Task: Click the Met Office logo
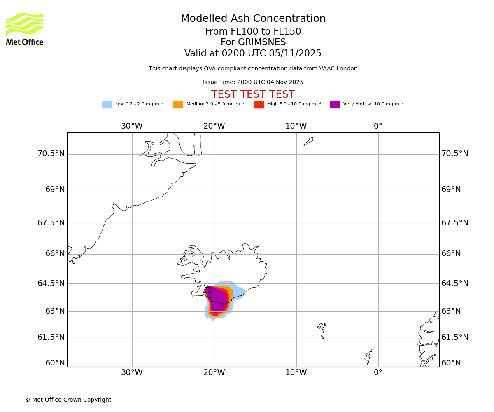pyautogui.click(x=25, y=29)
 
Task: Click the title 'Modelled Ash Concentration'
pyautogui.click(x=253, y=19)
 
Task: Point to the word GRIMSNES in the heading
pyautogui.click(x=253, y=42)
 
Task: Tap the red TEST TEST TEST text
pyautogui.click(x=253, y=94)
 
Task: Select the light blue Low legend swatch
pyautogui.click(x=107, y=105)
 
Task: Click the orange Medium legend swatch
pyautogui.click(x=178, y=105)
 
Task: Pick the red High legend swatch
pyautogui.click(x=259, y=105)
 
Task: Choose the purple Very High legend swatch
pyautogui.click(x=335, y=105)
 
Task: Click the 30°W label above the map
pyautogui.click(x=132, y=126)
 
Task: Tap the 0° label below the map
pyautogui.click(x=378, y=372)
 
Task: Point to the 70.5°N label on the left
pyautogui.click(x=51, y=154)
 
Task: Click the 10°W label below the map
pyautogui.click(x=296, y=372)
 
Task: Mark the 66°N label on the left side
pyautogui.click(x=55, y=254)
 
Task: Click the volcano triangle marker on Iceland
pyautogui.click(x=207, y=290)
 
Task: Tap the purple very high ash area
pyautogui.click(x=218, y=299)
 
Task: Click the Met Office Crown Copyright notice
pyautogui.click(x=68, y=400)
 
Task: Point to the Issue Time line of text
pyautogui.click(x=253, y=82)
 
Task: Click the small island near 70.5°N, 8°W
pyautogui.click(x=308, y=141)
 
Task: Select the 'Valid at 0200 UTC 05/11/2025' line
pyautogui.click(x=253, y=54)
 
